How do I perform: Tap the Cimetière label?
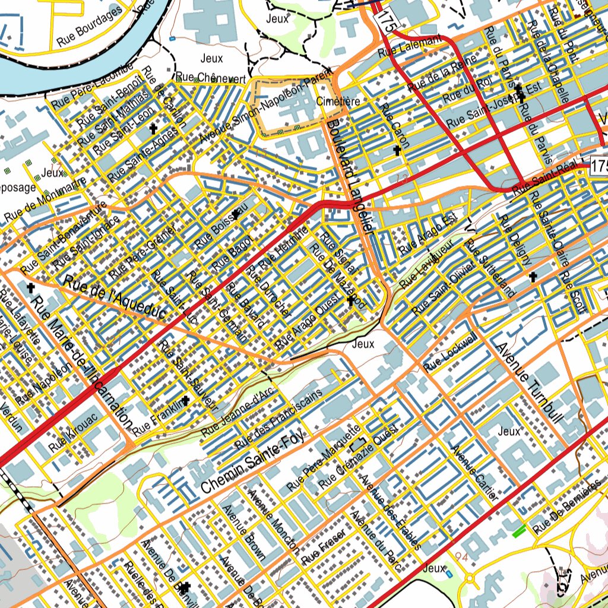point(338,102)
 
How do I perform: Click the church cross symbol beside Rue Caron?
point(397,151)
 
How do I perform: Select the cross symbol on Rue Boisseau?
point(236,214)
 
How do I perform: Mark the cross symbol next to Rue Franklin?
point(186,400)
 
